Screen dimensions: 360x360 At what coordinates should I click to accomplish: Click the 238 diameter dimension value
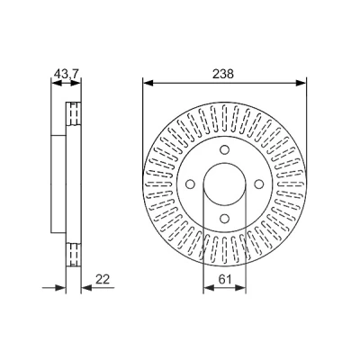click(223, 74)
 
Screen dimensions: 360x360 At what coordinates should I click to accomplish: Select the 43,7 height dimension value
click(66, 74)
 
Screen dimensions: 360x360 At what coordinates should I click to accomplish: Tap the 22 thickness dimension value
click(103, 279)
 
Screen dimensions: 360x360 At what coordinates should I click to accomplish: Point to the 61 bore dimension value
click(225, 280)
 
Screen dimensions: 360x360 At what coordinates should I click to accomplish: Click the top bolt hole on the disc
click(224, 149)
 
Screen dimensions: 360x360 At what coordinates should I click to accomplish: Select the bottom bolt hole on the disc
click(224, 218)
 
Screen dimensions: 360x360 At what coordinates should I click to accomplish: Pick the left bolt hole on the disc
click(190, 184)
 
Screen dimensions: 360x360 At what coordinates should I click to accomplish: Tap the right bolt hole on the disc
click(259, 184)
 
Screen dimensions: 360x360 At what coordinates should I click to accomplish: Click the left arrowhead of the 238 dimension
click(148, 83)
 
